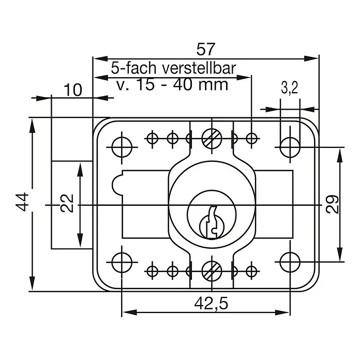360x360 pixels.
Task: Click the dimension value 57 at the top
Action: [206, 49]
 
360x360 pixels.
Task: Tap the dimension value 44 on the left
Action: [22, 202]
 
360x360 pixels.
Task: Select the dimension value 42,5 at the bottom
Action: [211, 304]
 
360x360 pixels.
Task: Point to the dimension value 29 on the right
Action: [332, 204]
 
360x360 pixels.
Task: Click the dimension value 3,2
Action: [289, 88]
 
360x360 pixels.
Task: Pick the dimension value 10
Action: [72, 90]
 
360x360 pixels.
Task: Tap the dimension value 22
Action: [67, 203]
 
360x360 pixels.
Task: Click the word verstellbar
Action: [199, 68]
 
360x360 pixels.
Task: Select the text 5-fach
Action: [133, 68]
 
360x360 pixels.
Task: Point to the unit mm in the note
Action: [213, 85]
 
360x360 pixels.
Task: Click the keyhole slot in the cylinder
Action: [212, 222]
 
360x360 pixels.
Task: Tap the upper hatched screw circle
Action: [212, 139]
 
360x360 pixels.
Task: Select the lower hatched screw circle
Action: [212, 271]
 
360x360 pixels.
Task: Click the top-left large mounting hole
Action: [122, 147]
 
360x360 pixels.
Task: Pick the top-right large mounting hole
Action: [290, 147]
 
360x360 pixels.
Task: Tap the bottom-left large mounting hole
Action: [122, 262]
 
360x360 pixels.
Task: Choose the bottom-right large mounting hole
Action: [290, 262]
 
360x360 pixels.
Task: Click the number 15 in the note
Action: [145, 84]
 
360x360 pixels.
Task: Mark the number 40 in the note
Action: [183, 84]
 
